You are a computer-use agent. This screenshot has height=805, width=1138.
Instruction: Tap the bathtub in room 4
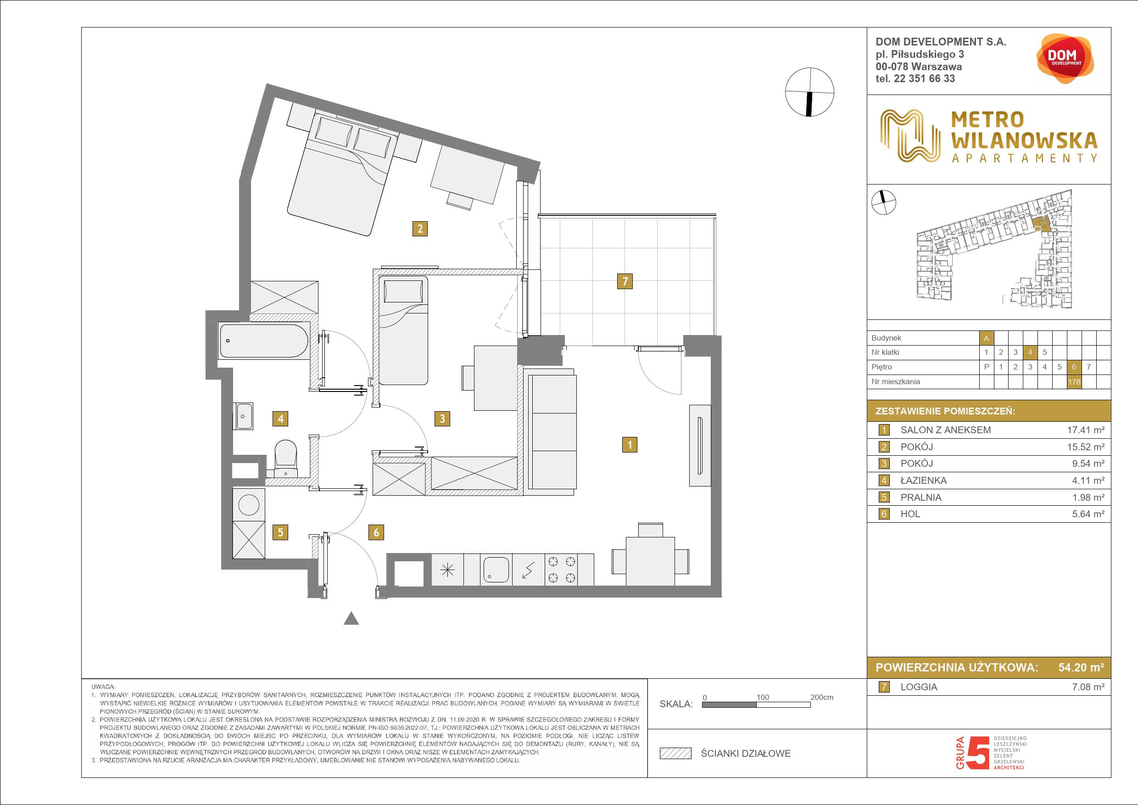[265, 340]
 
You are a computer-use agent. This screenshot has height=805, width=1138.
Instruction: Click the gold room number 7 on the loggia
[625, 281]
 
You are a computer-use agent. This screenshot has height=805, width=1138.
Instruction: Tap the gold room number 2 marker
[420, 229]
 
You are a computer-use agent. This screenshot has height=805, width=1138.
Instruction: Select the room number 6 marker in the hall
[376, 532]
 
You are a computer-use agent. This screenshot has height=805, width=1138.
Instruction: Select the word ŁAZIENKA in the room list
[923, 481]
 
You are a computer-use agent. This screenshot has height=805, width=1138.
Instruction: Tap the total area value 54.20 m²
[1081, 667]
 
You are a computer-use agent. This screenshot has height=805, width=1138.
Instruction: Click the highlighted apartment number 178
[1075, 382]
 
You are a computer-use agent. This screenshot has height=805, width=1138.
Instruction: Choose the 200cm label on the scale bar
[822, 697]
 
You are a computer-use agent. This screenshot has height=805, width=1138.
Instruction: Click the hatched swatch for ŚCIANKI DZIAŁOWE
[675, 754]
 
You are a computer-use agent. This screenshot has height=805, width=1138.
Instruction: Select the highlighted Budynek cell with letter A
[986, 338]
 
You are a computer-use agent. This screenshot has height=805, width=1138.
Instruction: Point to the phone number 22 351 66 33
[930, 78]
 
